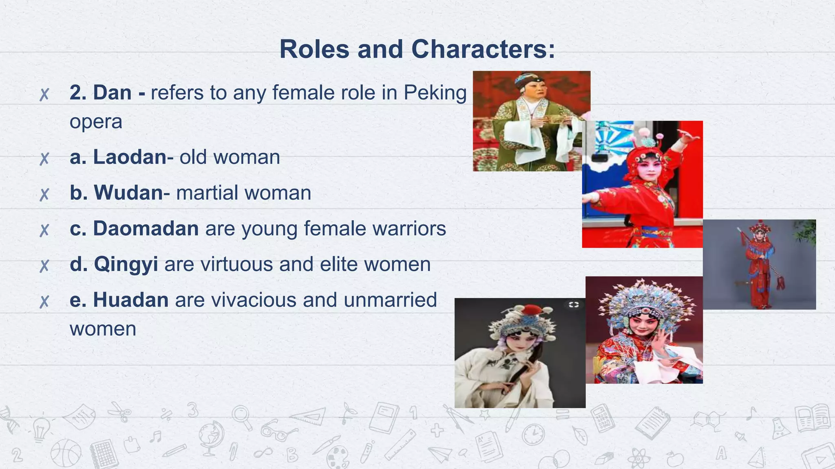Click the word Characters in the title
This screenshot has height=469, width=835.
point(483,50)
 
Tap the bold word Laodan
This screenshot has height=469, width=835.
point(130,157)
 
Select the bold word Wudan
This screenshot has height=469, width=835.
point(128,193)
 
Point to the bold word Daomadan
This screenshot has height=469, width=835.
point(146,228)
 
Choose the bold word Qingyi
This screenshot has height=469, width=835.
point(126,265)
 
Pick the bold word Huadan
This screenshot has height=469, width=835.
point(130,300)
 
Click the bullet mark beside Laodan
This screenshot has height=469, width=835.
point(44,158)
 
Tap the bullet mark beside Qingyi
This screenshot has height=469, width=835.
point(44,266)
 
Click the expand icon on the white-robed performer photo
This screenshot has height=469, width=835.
point(574,305)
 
